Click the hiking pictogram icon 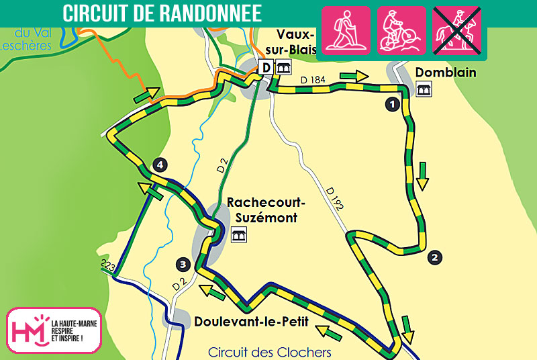tap(347, 30)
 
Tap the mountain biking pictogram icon tap(401, 30)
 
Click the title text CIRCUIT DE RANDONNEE tap(162, 13)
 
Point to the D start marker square tap(266, 67)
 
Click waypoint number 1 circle tap(391, 103)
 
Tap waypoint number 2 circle tap(435, 256)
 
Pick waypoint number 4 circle tap(158, 164)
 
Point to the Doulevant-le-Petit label tap(251, 322)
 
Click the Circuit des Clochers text tap(270, 352)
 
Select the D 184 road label tap(313, 80)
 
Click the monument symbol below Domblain tap(424, 89)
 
